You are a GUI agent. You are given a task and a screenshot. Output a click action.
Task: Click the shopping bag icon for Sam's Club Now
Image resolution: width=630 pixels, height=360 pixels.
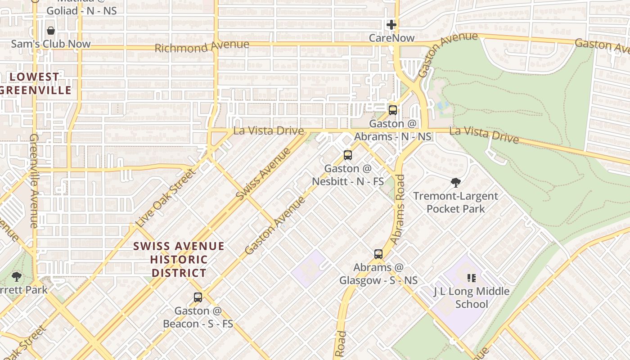(51, 31)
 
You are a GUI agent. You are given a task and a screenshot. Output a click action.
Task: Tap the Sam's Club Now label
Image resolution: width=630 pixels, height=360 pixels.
(51, 44)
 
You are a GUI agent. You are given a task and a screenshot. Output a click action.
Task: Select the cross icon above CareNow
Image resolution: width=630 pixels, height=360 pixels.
(391, 25)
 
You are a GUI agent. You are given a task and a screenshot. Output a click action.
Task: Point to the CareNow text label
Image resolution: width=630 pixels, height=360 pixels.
(391, 38)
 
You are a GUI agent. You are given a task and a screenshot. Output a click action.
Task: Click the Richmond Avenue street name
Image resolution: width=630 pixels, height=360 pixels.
(202, 46)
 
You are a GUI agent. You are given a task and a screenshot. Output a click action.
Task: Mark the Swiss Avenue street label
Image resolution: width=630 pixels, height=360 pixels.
(263, 174)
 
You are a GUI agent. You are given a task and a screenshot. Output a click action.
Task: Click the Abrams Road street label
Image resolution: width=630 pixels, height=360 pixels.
(398, 209)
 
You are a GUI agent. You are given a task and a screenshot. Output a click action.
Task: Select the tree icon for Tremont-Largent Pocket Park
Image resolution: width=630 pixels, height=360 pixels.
(455, 183)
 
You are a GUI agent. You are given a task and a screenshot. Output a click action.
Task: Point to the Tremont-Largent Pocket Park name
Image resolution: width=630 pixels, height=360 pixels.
(455, 202)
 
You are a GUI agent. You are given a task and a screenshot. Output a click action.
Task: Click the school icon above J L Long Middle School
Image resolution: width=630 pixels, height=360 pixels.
(471, 278)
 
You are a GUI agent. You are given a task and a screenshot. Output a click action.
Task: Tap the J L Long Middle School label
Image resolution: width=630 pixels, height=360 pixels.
(471, 297)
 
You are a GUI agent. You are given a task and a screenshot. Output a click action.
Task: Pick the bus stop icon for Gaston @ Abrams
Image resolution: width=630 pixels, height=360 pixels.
(392, 110)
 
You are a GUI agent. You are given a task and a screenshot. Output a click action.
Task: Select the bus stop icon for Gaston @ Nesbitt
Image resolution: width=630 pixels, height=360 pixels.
(347, 156)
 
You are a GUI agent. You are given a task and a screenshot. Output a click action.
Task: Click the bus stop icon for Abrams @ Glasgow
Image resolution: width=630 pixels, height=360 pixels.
(378, 254)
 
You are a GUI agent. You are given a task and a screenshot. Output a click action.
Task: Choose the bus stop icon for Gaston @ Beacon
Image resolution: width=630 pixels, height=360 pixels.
(198, 297)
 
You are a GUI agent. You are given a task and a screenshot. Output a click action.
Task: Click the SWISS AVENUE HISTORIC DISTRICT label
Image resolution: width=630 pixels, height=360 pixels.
(179, 260)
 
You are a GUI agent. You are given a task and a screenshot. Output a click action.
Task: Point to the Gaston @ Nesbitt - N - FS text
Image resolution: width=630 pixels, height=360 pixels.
(348, 175)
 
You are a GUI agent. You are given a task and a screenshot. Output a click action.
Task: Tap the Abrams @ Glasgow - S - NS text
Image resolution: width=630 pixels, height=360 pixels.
(378, 274)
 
